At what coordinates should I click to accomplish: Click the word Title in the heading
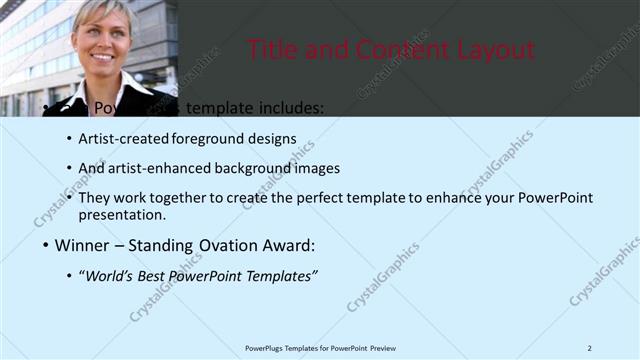(x=272, y=49)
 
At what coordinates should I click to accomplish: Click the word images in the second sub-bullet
(x=319, y=168)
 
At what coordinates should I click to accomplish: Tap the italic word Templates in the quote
(x=280, y=275)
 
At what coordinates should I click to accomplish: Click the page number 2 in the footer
(x=589, y=348)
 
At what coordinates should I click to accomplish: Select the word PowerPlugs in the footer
(x=264, y=348)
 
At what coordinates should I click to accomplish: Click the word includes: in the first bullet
(x=289, y=108)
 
